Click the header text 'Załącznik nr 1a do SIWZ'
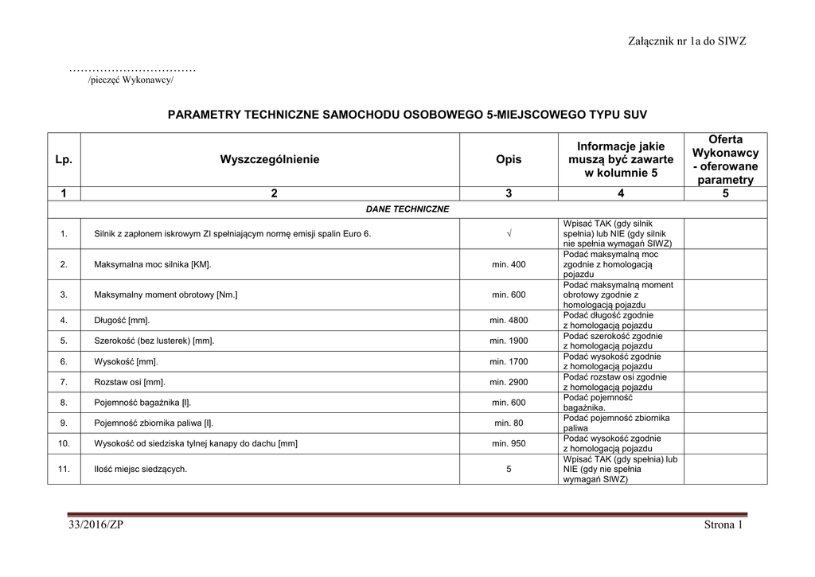pyautogui.click(x=686, y=41)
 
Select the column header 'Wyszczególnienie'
pyautogui.click(x=270, y=159)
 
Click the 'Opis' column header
pyautogui.click(x=509, y=159)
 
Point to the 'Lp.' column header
pyautogui.click(x=64, y=159)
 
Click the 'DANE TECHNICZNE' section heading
pyautogui.click(x=407, y=209)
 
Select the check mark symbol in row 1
pyautogui.click(x=509, y=234)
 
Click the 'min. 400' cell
pyautogui.click(x=509, y=264)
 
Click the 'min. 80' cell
pyautogui.click(x=509, y=423)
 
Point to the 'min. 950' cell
pyautogui.click(x=509, y=443)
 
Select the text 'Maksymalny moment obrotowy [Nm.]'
pyautogui.click(x=166, y=294)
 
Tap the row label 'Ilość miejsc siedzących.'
pyautogui.click(x=140, y=470)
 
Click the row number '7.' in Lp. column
pyautogui.click(x=64, y=382)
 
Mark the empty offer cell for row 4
pyautogui.click(x=725, y=321)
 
